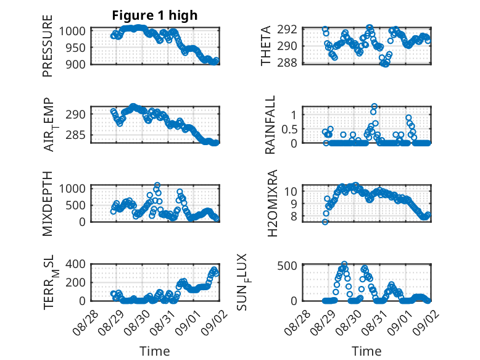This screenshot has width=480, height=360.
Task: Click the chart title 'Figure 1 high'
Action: click(x=155, y=15)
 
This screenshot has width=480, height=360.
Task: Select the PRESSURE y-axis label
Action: click(x=48, y=46)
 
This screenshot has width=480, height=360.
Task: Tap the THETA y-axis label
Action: click(x=266, y=46)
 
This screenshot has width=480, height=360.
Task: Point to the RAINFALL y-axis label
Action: click(x=270, y=125)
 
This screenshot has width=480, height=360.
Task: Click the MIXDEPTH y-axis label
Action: click(x=48, y=204)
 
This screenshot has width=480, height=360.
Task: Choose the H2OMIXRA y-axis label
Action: click(x=272, y=203)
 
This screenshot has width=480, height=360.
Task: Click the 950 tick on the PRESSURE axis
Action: click(x=75, y=48)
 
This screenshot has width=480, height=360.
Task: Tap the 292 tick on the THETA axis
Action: click(x=287, y=30)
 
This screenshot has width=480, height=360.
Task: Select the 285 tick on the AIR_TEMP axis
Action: click(x=75, y=135)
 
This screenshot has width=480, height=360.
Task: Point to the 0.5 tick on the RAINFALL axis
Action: click(x=289, y=129)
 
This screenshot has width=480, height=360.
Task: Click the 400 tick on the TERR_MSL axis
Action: click(x=75, y=264)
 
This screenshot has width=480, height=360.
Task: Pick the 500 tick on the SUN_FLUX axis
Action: click(x=287, y=266)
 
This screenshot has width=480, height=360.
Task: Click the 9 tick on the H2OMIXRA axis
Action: click(x=294, y=204)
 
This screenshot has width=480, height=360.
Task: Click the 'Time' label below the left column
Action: click(x=155, y=351)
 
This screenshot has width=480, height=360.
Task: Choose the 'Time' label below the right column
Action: click(x=366, y=351)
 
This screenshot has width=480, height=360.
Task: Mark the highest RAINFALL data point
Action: click(x=374, y=106)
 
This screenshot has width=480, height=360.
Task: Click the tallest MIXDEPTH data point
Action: click(x=157, y=185)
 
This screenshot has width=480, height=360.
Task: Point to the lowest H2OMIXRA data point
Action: click(x=325, y=222)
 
